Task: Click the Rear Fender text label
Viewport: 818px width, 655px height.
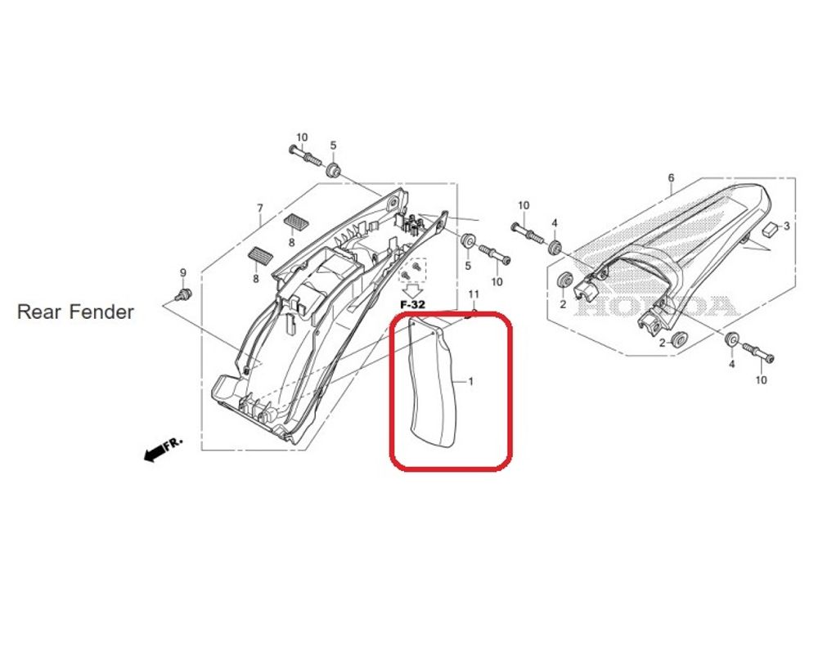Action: pos(75,312)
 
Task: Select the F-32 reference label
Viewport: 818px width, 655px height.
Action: pos(412,304)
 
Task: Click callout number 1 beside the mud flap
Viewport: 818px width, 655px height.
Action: pos(470,382)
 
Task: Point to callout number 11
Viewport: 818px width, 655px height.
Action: pos(473,294)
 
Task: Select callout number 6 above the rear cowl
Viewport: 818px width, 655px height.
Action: pos(671,177)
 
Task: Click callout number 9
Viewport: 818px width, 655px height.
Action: pos(183,272)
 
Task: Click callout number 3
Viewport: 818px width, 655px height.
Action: pos(787,225)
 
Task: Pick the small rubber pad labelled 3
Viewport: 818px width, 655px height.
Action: pos(769,230)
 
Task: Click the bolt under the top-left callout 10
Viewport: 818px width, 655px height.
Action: pos(303,155)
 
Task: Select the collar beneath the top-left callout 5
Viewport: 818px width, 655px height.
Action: pos(334,171)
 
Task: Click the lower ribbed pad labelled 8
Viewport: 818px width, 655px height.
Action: pos(258,256)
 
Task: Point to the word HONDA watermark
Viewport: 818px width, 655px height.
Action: pos(663,307)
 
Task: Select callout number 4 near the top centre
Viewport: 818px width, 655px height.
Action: pos(554,222)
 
